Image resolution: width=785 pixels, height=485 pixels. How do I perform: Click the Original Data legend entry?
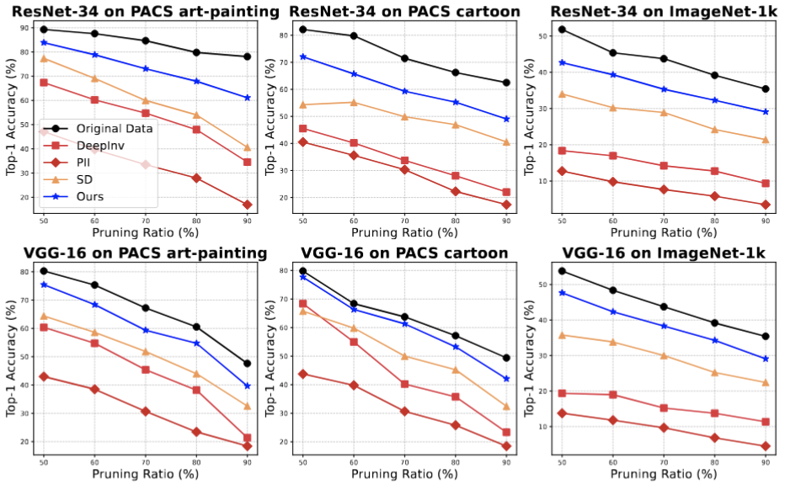[x=115, y=128]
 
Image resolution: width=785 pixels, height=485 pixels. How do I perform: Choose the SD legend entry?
[x=86, y=180]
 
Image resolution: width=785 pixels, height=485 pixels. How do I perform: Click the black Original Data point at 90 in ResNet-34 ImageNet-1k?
[x=765, y=88]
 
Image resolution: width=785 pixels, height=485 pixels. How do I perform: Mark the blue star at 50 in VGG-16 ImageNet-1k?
[x=562, y=292]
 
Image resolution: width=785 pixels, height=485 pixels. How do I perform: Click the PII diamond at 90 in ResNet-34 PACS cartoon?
[x=506, y=205]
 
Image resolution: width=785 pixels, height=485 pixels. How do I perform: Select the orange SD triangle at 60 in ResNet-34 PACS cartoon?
[x=354, y=103]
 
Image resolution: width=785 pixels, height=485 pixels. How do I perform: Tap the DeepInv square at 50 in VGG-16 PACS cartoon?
[x=302, y=303]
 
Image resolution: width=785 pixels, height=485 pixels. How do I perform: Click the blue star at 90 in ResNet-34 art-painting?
[x=247, y=98]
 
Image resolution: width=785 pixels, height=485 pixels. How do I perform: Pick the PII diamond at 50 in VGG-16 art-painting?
[x=43, y=376]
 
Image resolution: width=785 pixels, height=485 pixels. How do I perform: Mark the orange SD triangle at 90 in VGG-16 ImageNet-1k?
[x=765, y=382]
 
